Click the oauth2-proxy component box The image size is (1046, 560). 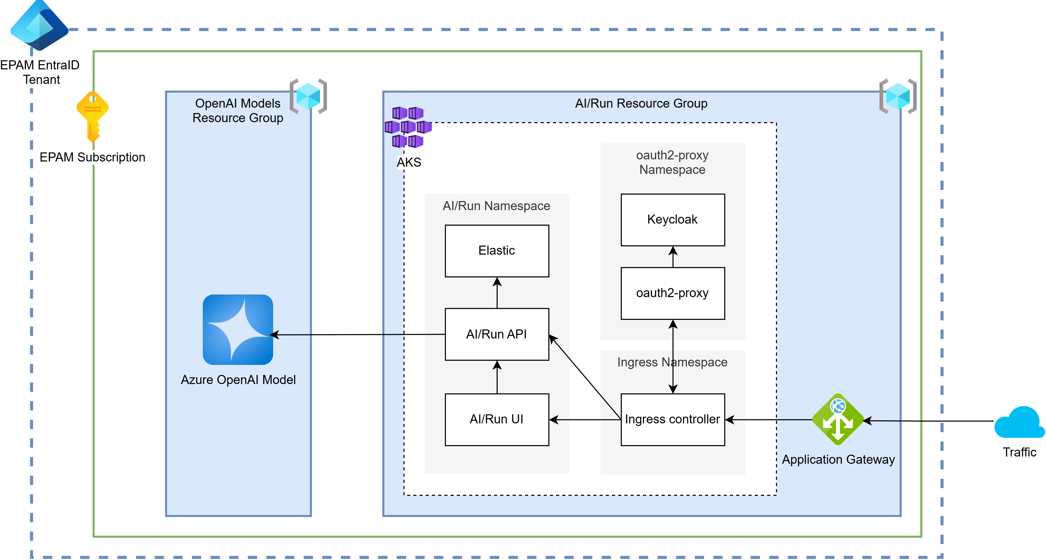point(673,293)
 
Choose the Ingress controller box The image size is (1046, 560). point(673,419)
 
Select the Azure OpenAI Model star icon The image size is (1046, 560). point(238,330)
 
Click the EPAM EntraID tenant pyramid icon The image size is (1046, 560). point(39,25)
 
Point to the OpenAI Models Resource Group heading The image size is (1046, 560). point(238,110)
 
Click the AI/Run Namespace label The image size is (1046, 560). point(496,206)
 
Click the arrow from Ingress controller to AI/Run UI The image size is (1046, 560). point(585,420)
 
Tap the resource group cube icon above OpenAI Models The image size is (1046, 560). point(309,96)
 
